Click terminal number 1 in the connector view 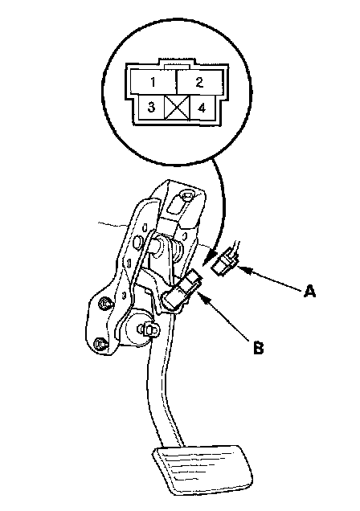point(153,82)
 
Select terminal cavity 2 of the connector point(199,82)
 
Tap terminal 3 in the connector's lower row point(152,107)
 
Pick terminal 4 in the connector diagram point(202,107)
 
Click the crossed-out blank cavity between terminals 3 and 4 point(178,107)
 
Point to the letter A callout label point(309,290)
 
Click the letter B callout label point(258,347)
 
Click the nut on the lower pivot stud point(150,329)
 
